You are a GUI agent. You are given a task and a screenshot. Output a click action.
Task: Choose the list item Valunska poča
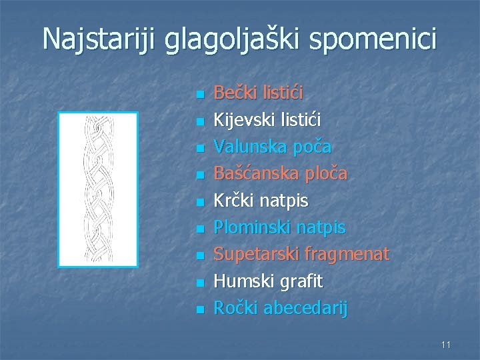tap(273, 146)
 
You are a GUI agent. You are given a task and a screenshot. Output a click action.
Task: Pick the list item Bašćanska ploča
tap(280, 173)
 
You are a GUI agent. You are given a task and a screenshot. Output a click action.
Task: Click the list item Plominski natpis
tap(279, 227)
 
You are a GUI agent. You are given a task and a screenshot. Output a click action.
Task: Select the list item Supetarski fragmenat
tap(301, 254)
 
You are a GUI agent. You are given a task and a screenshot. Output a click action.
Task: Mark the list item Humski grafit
tap(268, 281)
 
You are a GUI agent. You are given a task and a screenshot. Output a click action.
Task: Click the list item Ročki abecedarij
tap(280, 308)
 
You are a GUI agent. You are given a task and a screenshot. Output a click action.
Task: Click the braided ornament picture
tap(98, 189)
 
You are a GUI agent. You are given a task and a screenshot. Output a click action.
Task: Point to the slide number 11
tap(445, 344)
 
